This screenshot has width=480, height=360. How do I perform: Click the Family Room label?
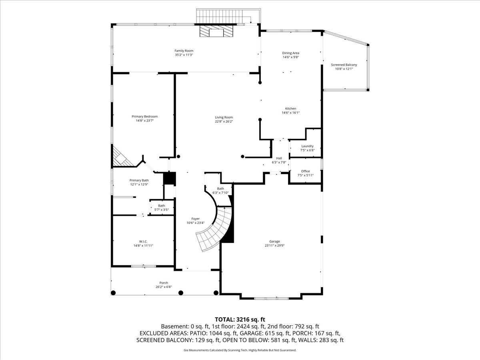(x=184, y=51)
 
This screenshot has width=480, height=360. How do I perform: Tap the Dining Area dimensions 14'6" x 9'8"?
(x=291, y=57)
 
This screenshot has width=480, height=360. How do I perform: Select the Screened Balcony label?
(x=344, y=65)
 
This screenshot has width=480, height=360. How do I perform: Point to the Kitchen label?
(x=291, y=108)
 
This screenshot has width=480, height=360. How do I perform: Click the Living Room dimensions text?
(x=224, y=121)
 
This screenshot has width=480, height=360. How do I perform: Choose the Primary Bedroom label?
(x=144, y=116)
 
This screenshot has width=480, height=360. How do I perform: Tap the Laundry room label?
(x=308, y=146)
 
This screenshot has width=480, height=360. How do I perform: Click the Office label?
(x=306, y=171)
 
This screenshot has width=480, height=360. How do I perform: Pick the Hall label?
(x=279, y=158)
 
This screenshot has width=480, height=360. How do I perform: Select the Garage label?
(x=274, y=241)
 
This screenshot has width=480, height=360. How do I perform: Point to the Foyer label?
(x=196, y=219)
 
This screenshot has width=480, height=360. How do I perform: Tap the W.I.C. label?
(x=143, y=242)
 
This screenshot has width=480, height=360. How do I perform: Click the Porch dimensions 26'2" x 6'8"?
(x=164, y=287)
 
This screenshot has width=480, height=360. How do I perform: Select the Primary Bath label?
(x=139, y=180)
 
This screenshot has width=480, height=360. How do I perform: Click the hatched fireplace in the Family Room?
(x=216, y=31)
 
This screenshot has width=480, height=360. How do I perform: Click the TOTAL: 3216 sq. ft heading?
(x=240, y=319)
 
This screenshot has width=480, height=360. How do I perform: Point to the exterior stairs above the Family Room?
(x=228, y=16)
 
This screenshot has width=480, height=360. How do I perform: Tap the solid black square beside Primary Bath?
(x=170, y=178)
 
